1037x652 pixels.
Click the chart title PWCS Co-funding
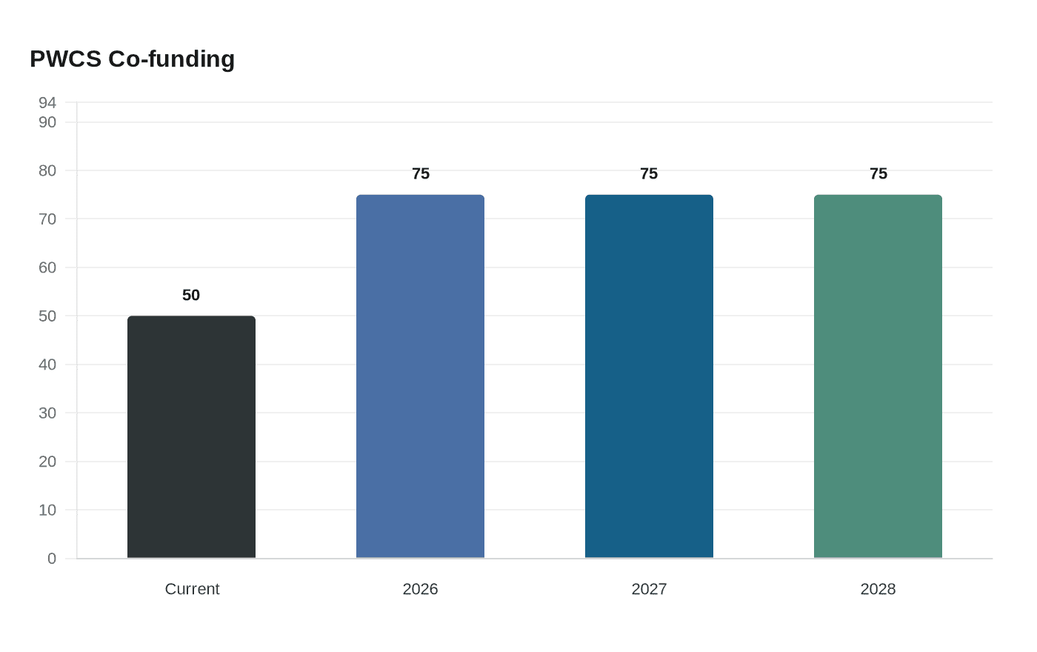coord(132,59)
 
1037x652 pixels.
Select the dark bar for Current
coord(191,437)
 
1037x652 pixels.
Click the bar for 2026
coord(420,376)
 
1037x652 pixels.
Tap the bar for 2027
coord(649,376)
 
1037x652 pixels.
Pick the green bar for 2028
coord(878,376)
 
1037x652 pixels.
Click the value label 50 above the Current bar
coord(191,295)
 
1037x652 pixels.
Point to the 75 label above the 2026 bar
coord(420,173)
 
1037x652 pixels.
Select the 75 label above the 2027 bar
coord(649,173)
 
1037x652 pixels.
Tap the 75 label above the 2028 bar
coord(878,173)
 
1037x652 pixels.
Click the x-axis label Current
coord(192,589)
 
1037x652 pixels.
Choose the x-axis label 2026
coord(420,589)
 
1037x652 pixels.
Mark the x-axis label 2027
coord(649,589)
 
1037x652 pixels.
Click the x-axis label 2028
coord(878,589)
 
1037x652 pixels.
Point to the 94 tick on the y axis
coord(47,102)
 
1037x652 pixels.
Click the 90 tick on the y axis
coord(47,122)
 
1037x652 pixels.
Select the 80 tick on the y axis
coord(47,170)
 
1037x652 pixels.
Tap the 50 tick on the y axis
coord(47,316)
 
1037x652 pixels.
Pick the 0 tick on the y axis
coord(52,559)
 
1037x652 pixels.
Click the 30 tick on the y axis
coord(47,413)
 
